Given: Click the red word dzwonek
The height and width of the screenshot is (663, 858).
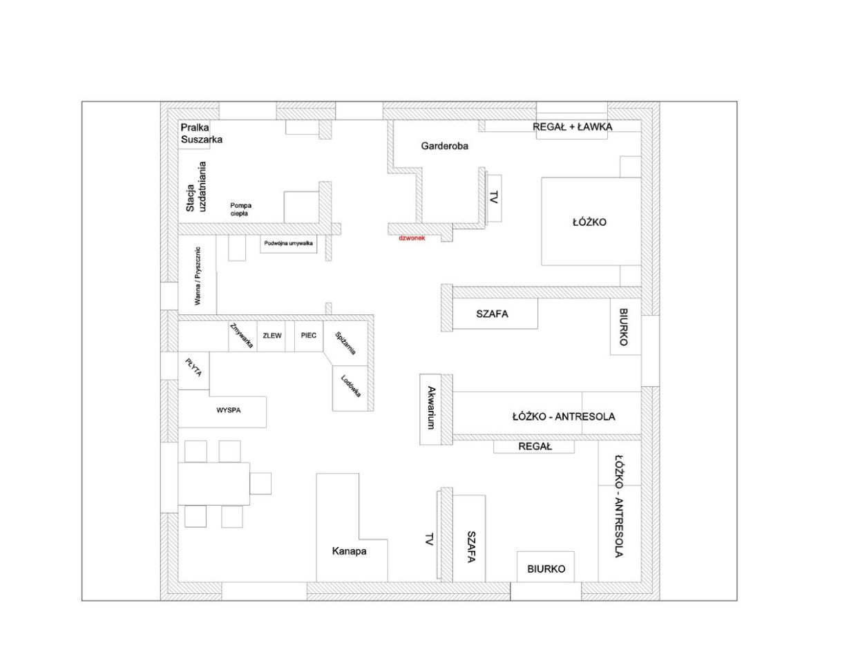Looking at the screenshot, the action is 412,238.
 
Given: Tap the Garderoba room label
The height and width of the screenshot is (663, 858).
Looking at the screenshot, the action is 445,146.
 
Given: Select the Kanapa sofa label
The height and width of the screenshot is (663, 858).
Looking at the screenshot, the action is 349,551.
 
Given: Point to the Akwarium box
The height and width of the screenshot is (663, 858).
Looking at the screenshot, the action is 430,410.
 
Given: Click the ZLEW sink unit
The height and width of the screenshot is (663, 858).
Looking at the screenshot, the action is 271,336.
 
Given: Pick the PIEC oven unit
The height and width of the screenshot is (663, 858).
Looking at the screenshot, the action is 309,336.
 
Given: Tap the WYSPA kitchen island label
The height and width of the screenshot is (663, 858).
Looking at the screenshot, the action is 229,410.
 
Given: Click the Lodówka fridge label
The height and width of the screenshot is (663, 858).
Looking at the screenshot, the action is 351,385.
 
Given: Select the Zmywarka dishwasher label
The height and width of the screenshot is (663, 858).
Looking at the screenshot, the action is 241,336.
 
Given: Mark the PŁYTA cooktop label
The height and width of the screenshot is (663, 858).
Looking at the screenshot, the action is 194,367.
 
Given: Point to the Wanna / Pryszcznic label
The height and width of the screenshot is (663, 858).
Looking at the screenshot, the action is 198,276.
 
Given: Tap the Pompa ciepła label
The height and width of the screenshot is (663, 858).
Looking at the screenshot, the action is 240,209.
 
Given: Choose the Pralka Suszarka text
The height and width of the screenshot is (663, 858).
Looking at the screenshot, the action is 201,133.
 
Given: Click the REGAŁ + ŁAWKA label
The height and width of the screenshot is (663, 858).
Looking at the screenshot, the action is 572,127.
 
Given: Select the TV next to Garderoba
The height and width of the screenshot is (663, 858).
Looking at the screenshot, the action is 494,197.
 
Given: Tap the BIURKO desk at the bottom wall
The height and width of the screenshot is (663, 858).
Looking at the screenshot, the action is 546,567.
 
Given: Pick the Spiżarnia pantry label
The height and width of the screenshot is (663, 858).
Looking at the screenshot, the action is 345,343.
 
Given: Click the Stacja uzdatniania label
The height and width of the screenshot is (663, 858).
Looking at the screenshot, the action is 196,186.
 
